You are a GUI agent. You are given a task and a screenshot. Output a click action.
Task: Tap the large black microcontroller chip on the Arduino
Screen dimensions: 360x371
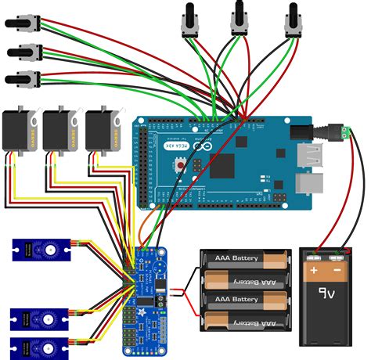(x=223, y=164)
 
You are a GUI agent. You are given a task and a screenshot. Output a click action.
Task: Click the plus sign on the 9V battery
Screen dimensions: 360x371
(x=314, y=271)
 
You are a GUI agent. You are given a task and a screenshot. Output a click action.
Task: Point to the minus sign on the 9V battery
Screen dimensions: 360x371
(x=339, y=271)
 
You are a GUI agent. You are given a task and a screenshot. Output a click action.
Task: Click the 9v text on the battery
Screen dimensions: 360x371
(x=326, y=296)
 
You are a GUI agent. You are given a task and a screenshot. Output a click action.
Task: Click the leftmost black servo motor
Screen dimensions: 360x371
(x=19, y=131)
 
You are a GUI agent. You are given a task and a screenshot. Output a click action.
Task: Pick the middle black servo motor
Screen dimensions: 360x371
(x=61, y=131)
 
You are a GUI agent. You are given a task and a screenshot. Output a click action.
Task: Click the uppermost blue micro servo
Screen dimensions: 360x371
(x=43, y=250)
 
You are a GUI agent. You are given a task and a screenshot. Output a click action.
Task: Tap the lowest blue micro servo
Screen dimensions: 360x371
(x=43, y=346)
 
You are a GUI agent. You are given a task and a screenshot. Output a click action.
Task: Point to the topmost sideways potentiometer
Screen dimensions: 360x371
(x=21, y=26)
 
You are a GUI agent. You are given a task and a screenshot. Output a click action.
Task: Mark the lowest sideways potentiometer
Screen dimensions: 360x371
(x=21, y=78)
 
